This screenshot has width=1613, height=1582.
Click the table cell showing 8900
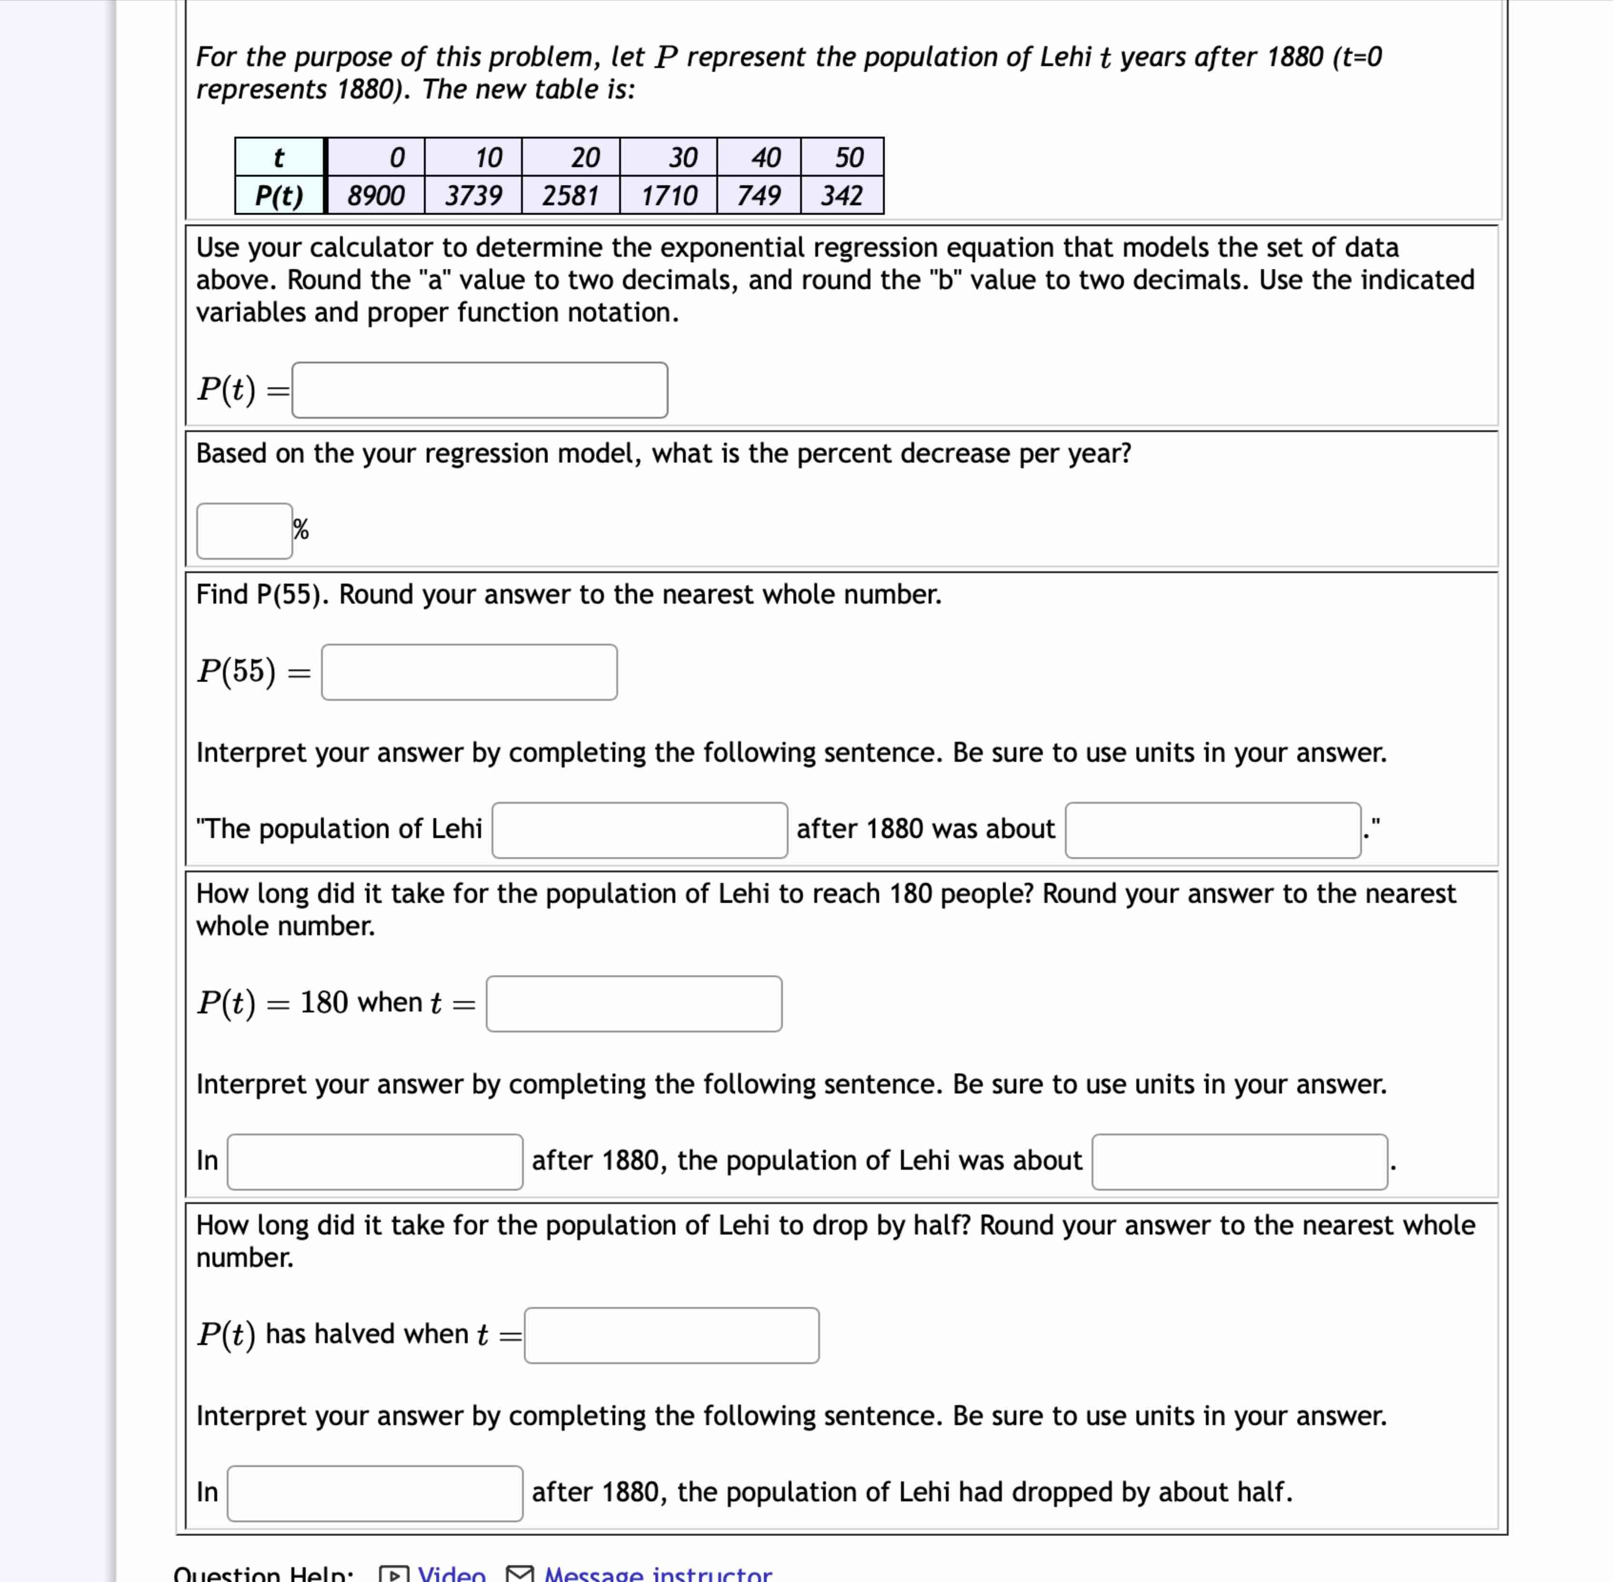click(x=375, y=195)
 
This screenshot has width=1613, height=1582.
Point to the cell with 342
click(x=842, y=195)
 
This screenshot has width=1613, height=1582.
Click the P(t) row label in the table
click(x=279, y=195)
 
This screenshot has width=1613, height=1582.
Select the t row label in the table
click(x=279, y=157)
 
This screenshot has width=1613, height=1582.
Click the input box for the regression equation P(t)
click(x=479, y=390)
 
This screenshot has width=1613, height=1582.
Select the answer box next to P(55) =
click(x=469, y=672)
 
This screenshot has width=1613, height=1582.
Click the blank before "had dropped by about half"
click(x=375, y=1493)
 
